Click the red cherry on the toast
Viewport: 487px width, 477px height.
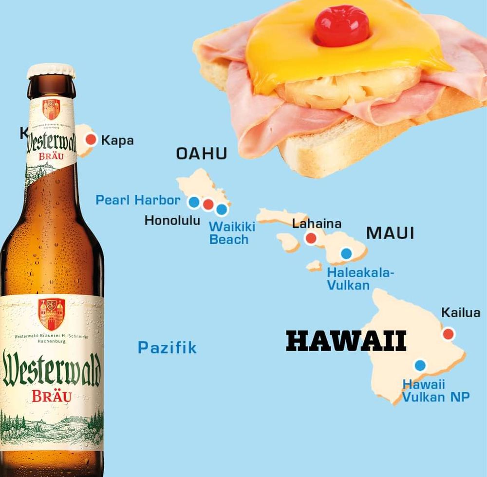(x=341, y=25)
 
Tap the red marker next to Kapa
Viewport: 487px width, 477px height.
(x=91, y=139)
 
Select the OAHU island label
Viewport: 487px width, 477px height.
(x=202, y=154)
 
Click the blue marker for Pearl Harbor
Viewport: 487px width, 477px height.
(x=194, y=201)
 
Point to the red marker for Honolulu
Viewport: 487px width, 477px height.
(x=208, y=204)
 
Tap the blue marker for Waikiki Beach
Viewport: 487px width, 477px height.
(x=222, y=210)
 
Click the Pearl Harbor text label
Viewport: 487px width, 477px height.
(x=138, y=200)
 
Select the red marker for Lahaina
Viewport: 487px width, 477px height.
(x=310, y=238)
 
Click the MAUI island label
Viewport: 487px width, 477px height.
(x=390, y=233)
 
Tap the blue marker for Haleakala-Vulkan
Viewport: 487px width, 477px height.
(x=346, y=253)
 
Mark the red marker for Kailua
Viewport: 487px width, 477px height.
(x=448, y=334)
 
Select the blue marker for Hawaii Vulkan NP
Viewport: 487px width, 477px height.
(x=419, y=365)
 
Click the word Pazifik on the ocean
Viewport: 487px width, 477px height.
(x=167, y=347)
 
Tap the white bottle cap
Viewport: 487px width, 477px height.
(x=51, y=71)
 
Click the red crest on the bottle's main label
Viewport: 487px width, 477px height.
(x=51, y=313)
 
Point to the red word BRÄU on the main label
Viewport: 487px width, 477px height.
(x=52, y=396)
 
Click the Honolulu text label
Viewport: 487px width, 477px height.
(x=172, y=221)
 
